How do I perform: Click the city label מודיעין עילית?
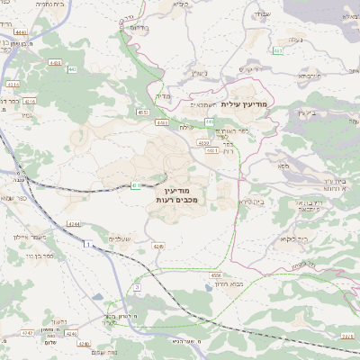click(x=256, y=104)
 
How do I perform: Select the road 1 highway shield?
click(x=86, y=244)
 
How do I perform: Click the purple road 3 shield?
click(x=137, y=287)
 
